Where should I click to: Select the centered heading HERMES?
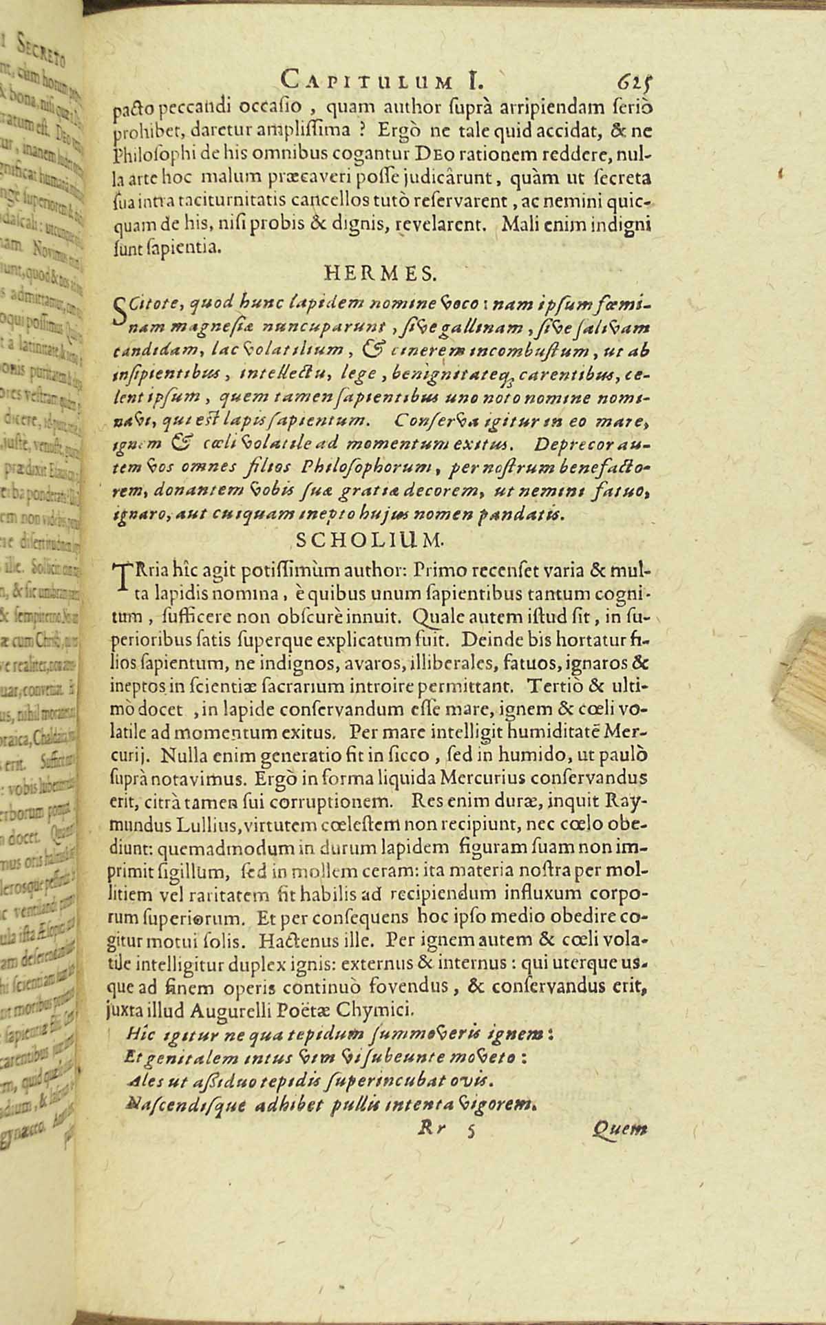[379, 274]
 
